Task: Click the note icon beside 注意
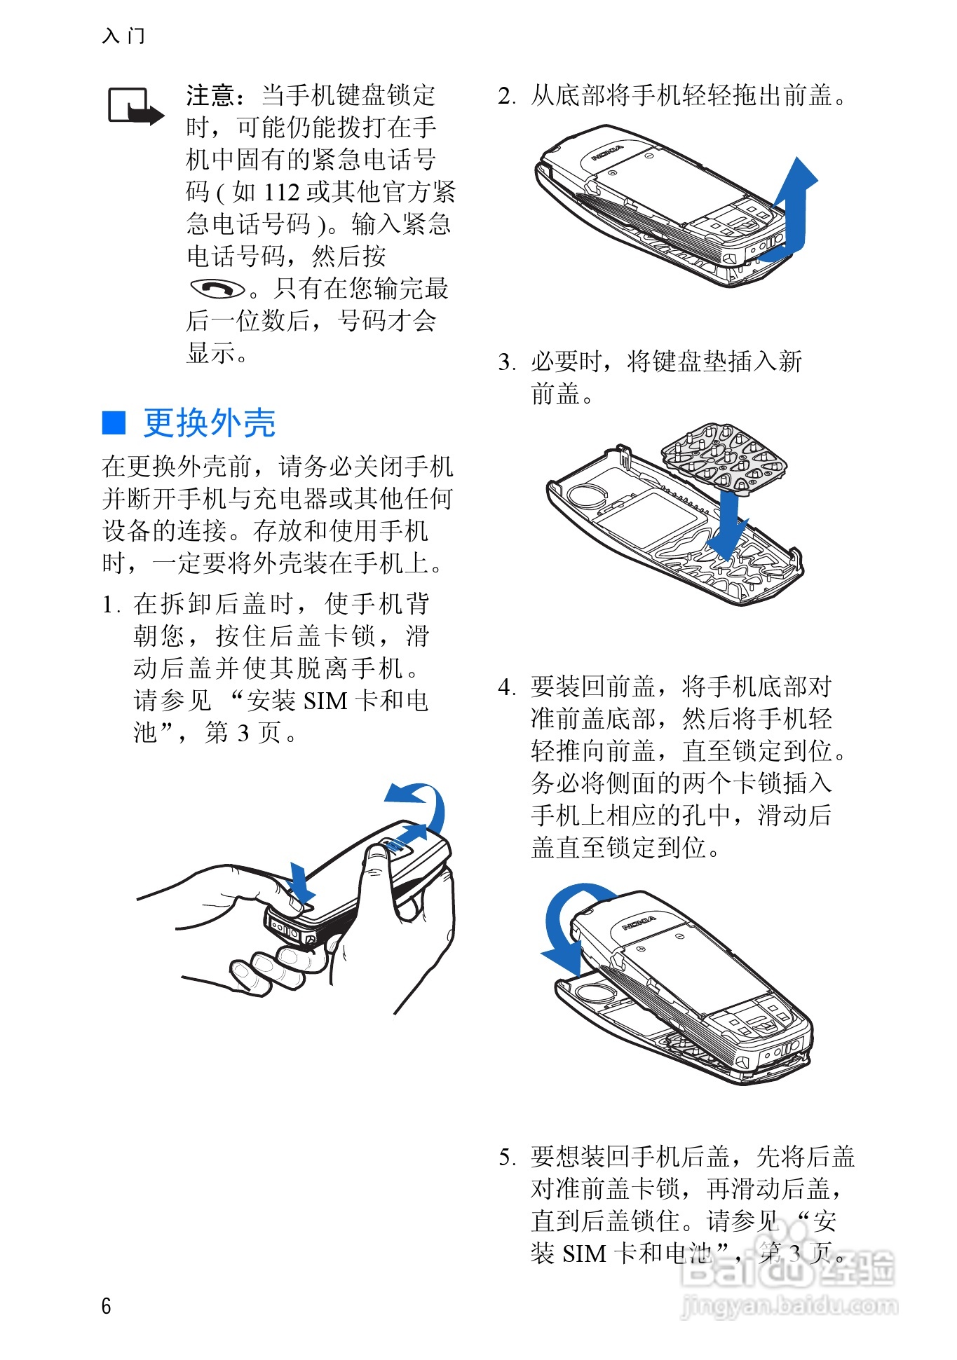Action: [136, 107]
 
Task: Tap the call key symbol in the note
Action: [218, 288]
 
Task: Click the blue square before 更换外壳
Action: [114, 423]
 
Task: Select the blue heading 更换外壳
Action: [210, 423]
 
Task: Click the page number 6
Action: [107, 1305]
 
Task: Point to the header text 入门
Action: [123, 36]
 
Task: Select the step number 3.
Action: [505, 362]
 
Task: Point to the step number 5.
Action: [506, 1157]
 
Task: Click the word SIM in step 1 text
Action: [326, 701]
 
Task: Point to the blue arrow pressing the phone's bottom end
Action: [301, 884]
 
